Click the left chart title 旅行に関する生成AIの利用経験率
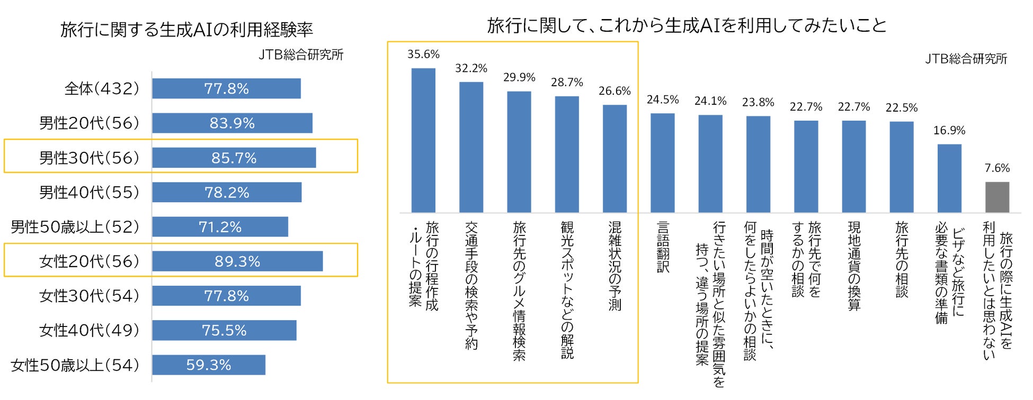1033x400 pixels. tap(186, 30)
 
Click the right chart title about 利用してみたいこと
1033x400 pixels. tap(687, 25)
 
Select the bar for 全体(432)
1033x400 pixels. tap(226, 88)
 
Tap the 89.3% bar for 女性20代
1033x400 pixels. tap(237, 261)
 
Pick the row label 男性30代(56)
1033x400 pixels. tap(89, 158)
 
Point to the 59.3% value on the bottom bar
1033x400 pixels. tap(209, 365)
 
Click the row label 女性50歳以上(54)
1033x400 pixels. tap(75, 365)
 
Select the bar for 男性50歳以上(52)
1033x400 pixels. tap(220, 227)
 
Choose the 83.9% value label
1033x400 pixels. tap(232, 123)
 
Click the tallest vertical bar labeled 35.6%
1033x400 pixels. tap(423, 140)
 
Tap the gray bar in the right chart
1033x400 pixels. tap(997, 197)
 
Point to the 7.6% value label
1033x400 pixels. tap(997, 168)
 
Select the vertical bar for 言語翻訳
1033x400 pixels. tap(662, 163)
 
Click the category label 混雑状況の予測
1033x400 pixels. tap(615, 266)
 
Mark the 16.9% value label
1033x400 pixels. tap(949, 130)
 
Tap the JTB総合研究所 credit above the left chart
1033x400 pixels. tap(301, 54)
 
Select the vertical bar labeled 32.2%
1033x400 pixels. tap(471, 147)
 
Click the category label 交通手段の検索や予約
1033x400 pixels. tap(471, 286)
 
